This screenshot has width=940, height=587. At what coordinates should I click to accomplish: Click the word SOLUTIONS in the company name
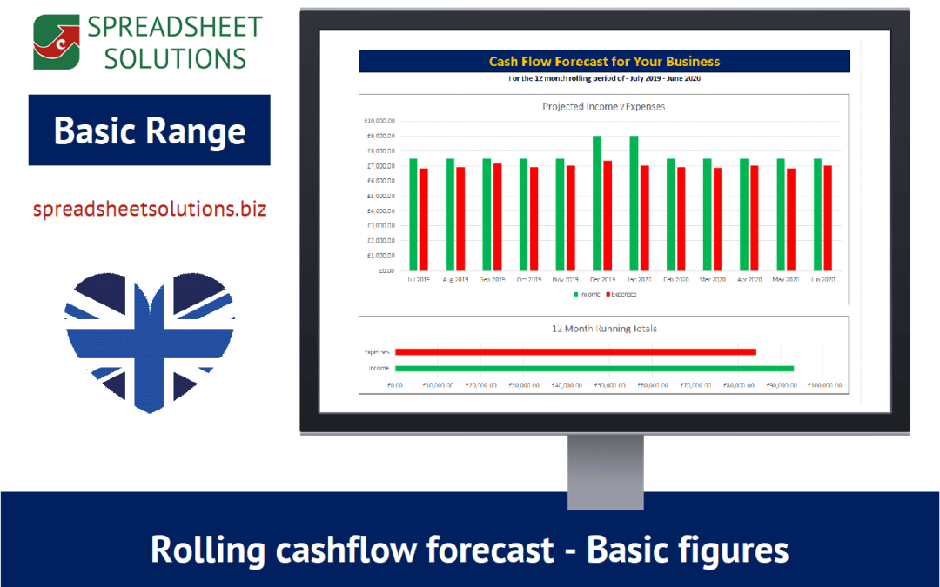tap(166, 57)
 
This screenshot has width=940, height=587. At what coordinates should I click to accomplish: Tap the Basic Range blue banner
tap(149, 130)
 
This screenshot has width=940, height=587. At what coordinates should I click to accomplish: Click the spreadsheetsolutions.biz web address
tap(149, 210)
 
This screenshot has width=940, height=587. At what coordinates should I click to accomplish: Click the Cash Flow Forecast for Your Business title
tap(604, 62)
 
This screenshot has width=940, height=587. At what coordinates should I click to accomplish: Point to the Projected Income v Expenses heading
tap(604, 106)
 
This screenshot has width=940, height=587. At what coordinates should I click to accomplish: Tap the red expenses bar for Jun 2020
tap(828, 217)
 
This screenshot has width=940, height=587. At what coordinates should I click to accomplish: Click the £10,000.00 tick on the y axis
tap(379, 121)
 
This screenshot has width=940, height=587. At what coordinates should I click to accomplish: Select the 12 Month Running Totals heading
tap(604, 329)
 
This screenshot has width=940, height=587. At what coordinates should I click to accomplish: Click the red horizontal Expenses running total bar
tap(574, 351)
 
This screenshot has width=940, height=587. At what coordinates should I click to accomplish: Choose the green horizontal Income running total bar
tap(594, 368)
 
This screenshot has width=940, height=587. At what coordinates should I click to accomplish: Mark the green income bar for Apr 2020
tap(744, 214)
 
